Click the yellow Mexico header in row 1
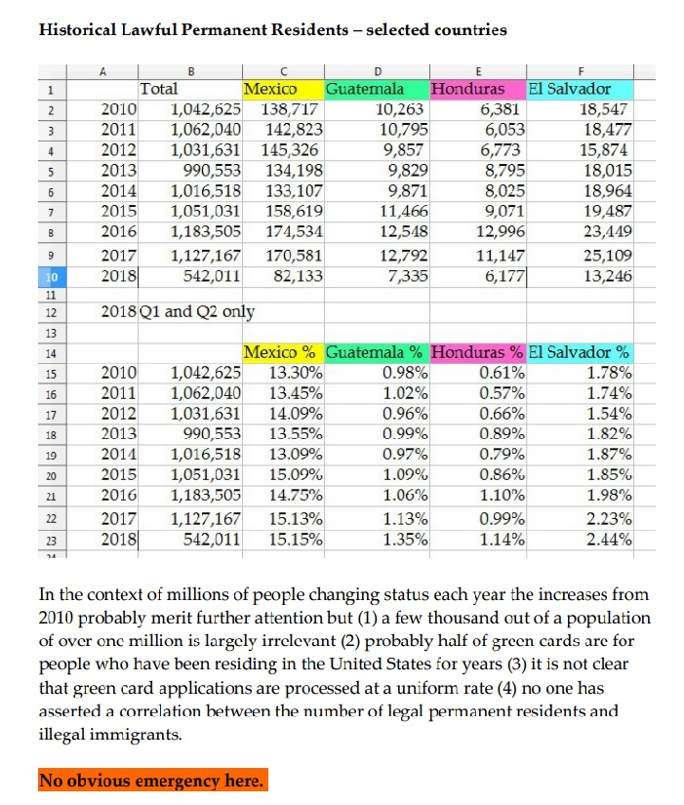click(270, 89)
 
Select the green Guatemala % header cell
click(375, 351)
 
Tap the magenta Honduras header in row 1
click(476, 89)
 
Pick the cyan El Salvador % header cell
click(580, 351)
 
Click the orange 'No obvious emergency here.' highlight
click(150, 781)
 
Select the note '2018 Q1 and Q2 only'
click(178, 312)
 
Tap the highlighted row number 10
click(48, 276)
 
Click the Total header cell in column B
click(160, 89)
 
